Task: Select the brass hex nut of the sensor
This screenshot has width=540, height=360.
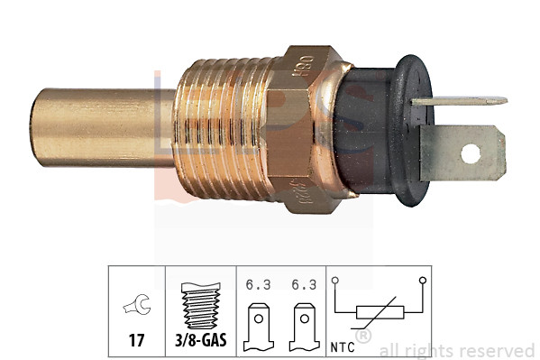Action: pyautogui.click(x=311, y=126)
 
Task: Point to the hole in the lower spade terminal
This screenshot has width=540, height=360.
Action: pyautogui.click(x=471, y=152)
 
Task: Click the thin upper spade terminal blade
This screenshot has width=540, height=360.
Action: pyautogui.click(x=460, y=101)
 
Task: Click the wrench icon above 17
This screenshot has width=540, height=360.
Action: pyautogui.click(x=136, y=310)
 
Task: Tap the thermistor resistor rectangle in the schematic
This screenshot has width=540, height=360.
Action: pyautogui.click(x=378, y=314)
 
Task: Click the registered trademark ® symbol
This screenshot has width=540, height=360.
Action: pyautogui.click(x=362, y=337)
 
